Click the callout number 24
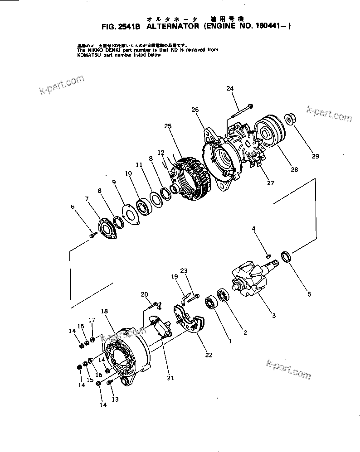pos(230,88)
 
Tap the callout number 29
pos(315,157)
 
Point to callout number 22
pos(209,355)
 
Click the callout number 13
pos(115,399)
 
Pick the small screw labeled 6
pos(93,235)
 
